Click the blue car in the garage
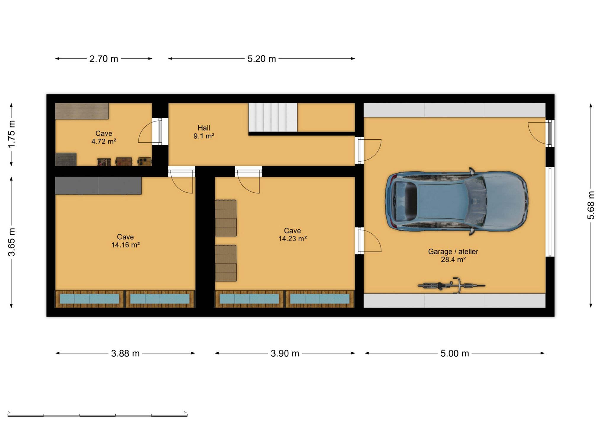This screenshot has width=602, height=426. click(x=456, y=201)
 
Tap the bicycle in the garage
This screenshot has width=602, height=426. click(x=451, y=285)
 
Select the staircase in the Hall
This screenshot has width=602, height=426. click(x=272, y=117)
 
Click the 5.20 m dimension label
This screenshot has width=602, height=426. click(x=262, y=59)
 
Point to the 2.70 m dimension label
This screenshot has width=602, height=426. click(x=104, y=59)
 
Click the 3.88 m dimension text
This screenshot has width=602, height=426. click(x=125, y=353)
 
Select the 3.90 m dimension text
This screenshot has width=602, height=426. click(x=285, y=353)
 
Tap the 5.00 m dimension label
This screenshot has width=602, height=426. click(x=455, y=353)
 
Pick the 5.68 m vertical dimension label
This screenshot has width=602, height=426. click(x=591, y=205)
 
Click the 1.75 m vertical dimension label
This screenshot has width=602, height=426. click(x=11, y=134)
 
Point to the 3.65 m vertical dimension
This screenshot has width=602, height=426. click(x=11, y=242)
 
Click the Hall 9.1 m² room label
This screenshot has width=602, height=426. click(x=204, y=132)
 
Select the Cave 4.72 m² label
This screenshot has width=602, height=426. click(x=104, y=137)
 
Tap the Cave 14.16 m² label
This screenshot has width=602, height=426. click(x=125, y=241)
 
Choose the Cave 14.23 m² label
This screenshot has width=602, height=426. click(x=292, y=235)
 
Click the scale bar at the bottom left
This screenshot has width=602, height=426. click(x=97, y=415)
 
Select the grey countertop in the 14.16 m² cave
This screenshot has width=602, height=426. click(x=98, y=185)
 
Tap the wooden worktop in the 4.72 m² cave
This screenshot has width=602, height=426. click(x=82, y=111)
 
